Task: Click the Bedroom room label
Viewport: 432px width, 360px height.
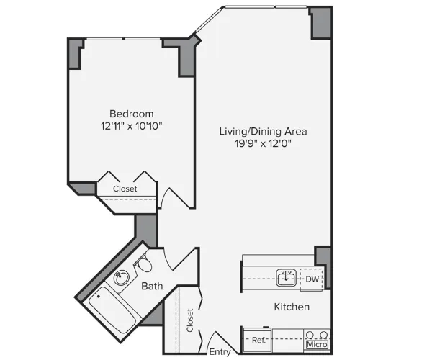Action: (x=131, y=114)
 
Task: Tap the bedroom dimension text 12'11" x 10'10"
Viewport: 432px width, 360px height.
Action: (x=131, y=126)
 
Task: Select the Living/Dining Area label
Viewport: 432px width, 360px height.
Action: (x=264, y=131)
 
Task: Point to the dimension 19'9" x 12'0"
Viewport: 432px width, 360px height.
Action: (x=264, y=143)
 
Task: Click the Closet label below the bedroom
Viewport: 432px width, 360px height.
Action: (x=125, y=189)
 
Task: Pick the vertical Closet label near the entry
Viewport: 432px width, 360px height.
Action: (x=190, y=320)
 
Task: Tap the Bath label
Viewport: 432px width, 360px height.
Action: (x=152, y=286)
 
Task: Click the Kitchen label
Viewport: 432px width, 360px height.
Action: (x=292, y=307)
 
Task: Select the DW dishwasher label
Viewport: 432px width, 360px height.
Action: (x=312, y=279)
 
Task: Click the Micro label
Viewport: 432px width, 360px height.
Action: (x=317, y=345)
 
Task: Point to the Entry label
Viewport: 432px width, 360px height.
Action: (x=220, y=352)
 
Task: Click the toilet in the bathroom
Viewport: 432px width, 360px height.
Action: (x=145, y=265)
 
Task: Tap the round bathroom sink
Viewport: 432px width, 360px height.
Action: (x=122, y=277)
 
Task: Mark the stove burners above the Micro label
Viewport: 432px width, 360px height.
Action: (x=318, y=335)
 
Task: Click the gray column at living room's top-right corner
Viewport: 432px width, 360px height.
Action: (x=320, y=24)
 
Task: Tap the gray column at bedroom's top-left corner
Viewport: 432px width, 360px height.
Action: (x=74, y=54)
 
